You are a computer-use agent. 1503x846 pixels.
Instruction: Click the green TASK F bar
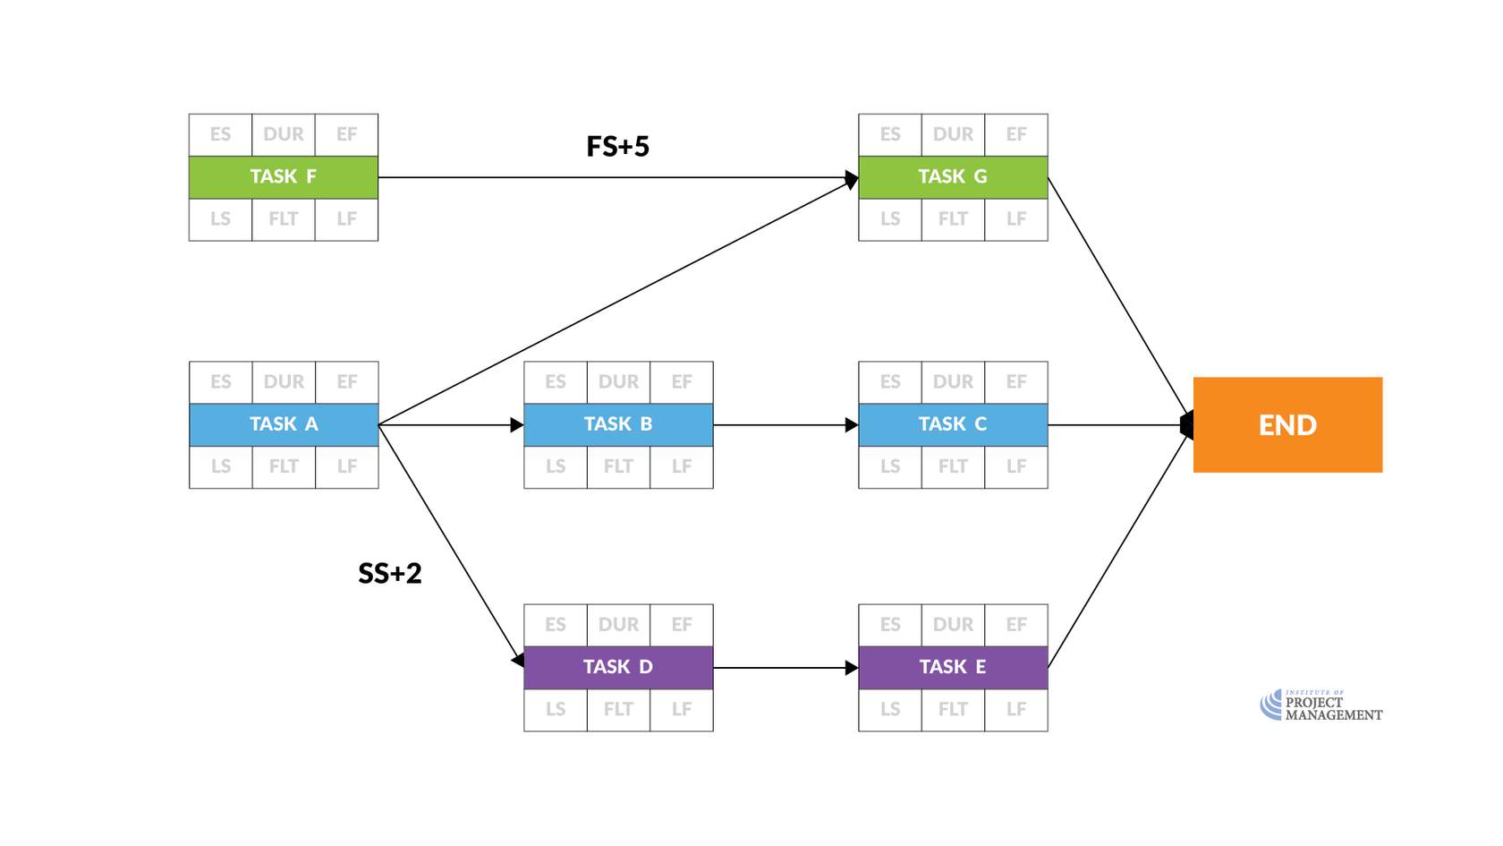pyautogui.click(x=283, y=177)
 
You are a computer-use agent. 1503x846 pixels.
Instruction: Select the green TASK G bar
pyautogui.click(x=953, y=177)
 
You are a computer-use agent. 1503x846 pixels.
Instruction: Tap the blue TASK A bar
pyautogui.click(x=284, y=424)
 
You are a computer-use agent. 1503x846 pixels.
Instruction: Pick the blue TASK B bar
pyautogui.click(x=618, y=424)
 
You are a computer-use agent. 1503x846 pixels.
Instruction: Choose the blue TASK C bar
pyautogui.click(x=953, y=424)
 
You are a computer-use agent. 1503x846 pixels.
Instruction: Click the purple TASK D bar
pyautogui.click(x=618, y=667)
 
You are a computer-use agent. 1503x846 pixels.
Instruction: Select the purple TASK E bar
pyautogui.click(x=953, y=667)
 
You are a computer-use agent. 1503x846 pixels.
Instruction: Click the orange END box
pyautogui.click(x=1287, y=424)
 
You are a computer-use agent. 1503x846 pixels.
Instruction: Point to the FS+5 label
pyautogui.click(x=617, y=146)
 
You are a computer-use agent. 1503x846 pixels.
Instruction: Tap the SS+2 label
pyautogui.click(x=389, y=573)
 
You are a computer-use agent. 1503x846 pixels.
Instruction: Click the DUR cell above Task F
pyautogui.click(x=284, y=134)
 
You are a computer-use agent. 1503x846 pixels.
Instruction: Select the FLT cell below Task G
pyautogui.click(x=953, y=219)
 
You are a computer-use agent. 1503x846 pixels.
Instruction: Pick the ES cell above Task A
pyautogui.click(x=221, y=382)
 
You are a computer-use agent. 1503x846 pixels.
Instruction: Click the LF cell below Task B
pyautogui.click(x=682, y=466)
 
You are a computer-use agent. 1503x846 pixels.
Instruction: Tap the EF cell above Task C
pyautogui.click(x=1016, y=382)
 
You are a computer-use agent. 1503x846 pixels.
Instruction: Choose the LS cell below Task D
pyautogui.click(x=556, y=709)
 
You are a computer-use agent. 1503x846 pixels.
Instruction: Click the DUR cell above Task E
pyautogui.click(x=953, y=625)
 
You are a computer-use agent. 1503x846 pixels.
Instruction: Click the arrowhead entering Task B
pyautogui.click(x=517, y=424)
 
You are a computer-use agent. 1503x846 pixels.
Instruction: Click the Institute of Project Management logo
pyautogui.click(x=1320, y=705)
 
